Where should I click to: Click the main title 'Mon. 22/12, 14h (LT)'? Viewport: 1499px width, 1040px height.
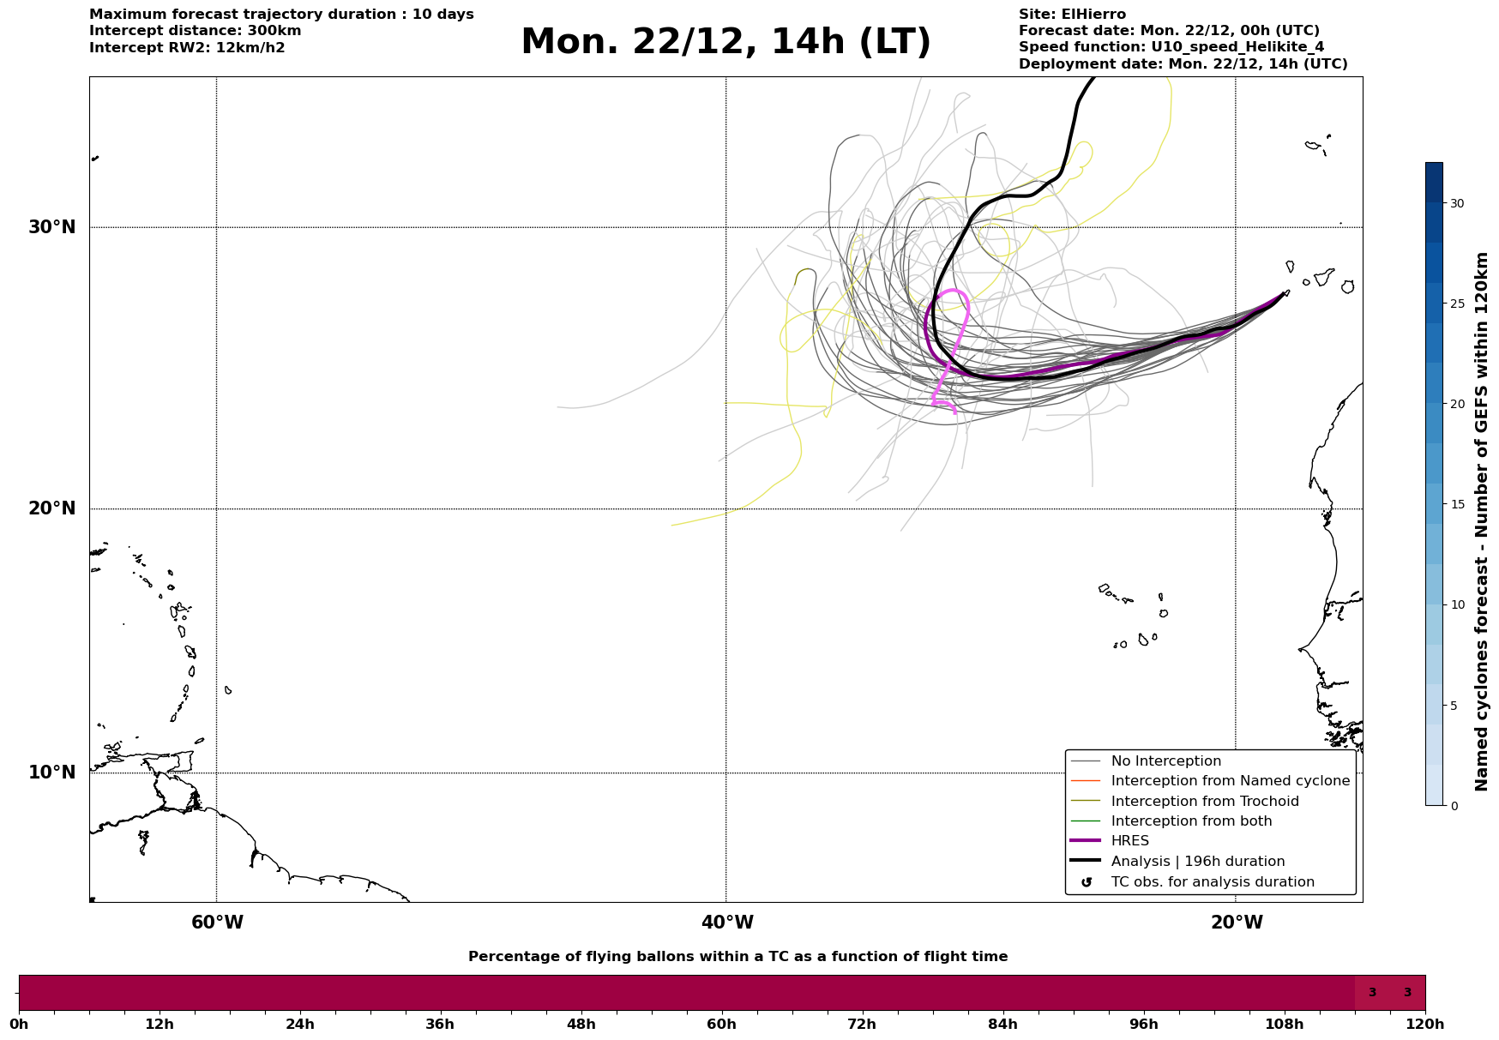click(725, 42)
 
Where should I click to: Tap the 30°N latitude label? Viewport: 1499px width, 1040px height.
click(52, 227)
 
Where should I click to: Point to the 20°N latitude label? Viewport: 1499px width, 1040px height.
click(52, 508)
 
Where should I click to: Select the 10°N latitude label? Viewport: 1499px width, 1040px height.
click(52, 772)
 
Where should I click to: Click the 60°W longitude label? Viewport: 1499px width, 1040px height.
click(217, 923)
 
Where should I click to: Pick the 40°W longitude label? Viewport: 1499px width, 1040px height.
click(727, 923)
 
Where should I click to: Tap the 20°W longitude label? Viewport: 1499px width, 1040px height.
click(1237, 923)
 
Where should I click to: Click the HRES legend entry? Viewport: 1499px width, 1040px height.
click(1129, 841)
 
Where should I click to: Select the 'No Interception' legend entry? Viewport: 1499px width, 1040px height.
click(1165, 761)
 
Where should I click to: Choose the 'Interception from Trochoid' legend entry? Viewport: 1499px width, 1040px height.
click(1204, 802)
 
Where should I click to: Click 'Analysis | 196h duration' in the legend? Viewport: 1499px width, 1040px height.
click(1197, 862)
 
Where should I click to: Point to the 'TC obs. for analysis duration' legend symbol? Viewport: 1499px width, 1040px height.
click(1087, 882)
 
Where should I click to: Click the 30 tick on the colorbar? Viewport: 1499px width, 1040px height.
click(1457, 203)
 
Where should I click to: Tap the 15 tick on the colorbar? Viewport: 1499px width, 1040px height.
click(1457, 504)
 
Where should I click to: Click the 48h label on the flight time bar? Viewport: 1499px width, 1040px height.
click(581, 1024)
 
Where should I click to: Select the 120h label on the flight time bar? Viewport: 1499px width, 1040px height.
click(1425, 1024)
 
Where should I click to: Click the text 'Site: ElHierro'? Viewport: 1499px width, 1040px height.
click(1072, 15)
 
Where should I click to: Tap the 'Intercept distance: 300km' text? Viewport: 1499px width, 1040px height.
click(195, 31)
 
